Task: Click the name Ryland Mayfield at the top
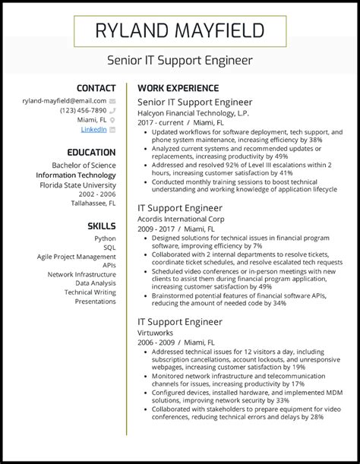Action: click(x=179, y=31)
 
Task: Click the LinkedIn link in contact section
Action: click(x=93, y=130)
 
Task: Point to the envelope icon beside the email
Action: click(x=112, y=99)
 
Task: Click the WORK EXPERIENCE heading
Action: click(x=178, y=88)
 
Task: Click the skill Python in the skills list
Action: click(x=106, y=238)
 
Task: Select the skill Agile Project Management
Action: click(x=76, y=257)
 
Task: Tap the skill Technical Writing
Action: click(x=90, y=292)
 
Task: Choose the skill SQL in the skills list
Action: click(x=109, y=248)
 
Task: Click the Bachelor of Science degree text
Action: click(x=84, y=165)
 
